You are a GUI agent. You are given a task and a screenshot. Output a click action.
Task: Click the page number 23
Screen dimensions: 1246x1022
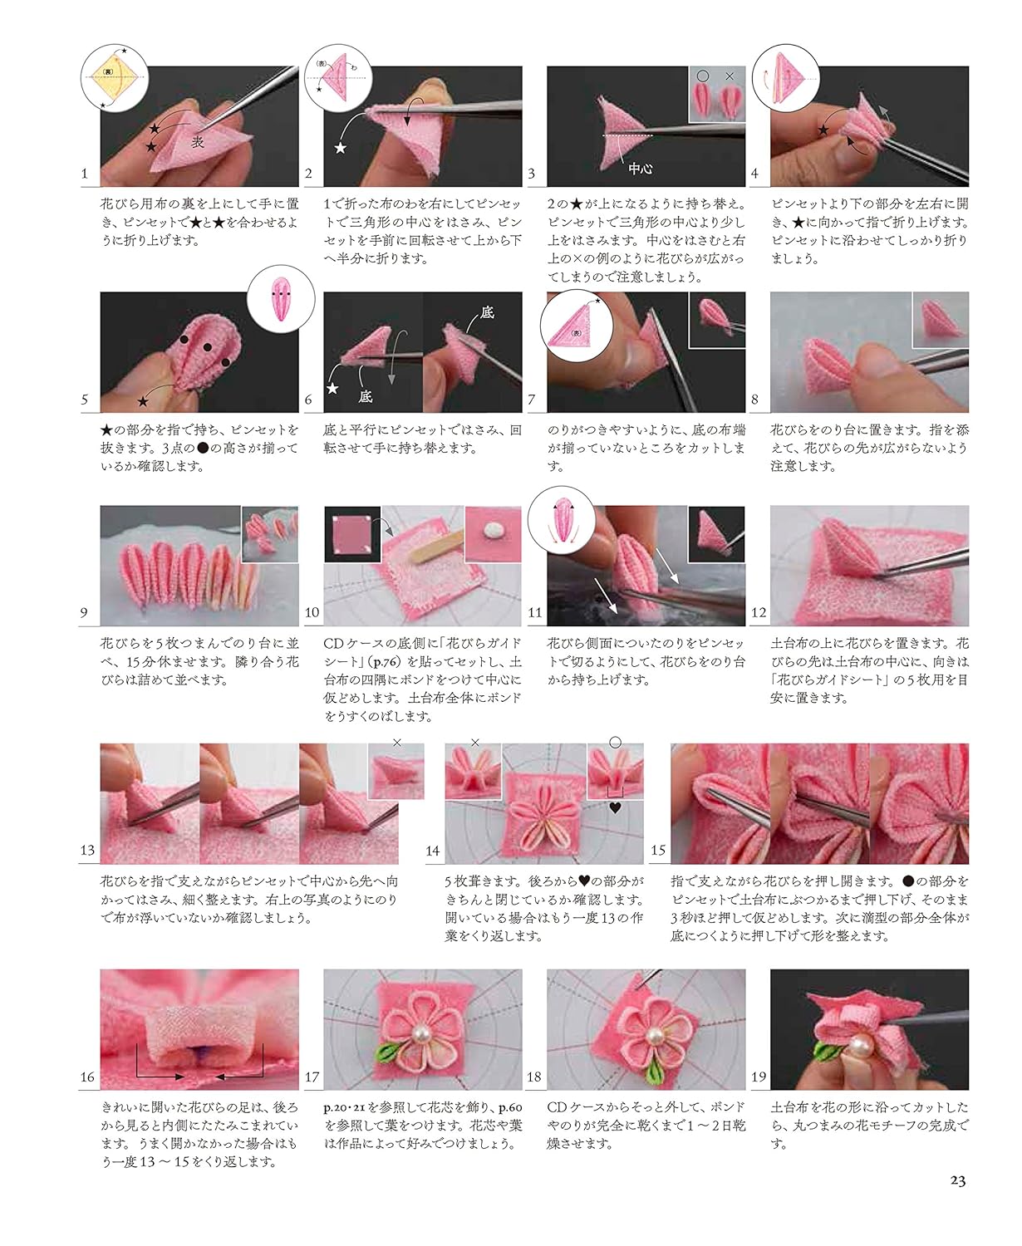(957, 1180)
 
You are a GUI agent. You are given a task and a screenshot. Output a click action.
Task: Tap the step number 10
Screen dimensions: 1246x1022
(312, 613)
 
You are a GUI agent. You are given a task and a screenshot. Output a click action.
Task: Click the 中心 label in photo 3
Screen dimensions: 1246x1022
(640, 168)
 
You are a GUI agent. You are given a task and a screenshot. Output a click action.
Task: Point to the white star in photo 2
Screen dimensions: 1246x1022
(341, 148)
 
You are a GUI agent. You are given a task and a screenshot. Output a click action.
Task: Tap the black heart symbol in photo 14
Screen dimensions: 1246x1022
(616, 805)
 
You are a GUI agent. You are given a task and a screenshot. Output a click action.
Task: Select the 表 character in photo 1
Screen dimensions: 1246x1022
(197, 142)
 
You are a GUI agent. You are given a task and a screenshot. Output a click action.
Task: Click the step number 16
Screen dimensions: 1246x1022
(87, 1077)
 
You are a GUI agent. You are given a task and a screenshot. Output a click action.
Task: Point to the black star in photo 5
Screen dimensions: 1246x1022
(143, 400)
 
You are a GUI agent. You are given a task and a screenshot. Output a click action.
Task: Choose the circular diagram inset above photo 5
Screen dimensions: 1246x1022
(281, 297)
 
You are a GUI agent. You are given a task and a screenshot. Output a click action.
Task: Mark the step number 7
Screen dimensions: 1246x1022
(532, 400)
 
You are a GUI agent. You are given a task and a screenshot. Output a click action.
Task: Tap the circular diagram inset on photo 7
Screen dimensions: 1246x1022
(573, 331)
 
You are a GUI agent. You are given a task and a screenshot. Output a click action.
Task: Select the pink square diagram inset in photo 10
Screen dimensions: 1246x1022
(352, 533)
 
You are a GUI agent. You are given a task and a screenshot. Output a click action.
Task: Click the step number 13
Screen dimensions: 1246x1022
(87, 851)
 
